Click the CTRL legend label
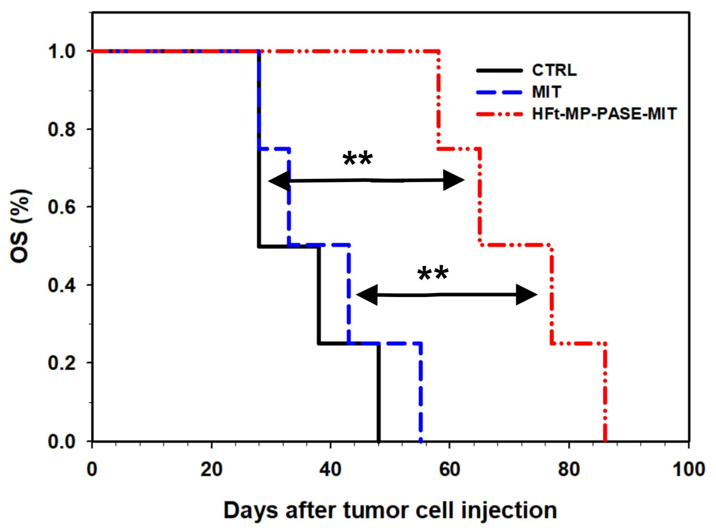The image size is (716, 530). pos(554,70)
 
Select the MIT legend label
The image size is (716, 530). pos(547,92)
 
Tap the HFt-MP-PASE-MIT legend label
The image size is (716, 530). pos(604,114)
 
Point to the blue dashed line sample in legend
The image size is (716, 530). pos(500,92)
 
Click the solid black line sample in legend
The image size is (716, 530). pos(500,70)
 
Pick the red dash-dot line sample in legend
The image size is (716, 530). pos(500,114)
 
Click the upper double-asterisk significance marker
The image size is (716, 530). pos(358,159)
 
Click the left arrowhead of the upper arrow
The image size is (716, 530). pos(278,181)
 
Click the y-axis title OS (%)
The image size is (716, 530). pos(22,226)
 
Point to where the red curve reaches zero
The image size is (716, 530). pos(605,440)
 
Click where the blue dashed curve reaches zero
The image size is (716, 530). pos(421,440)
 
